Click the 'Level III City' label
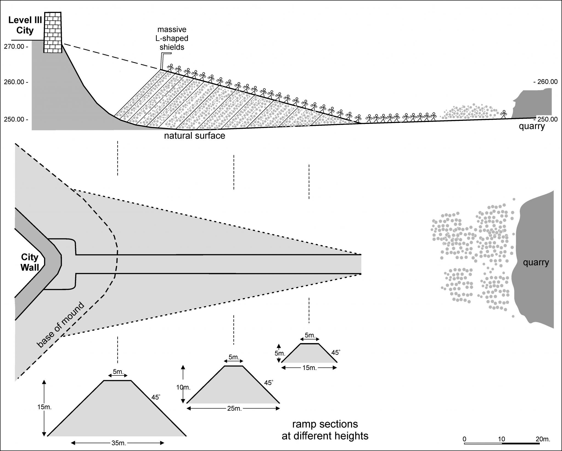[x=25, y=25]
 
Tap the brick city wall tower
[x=53, y=32]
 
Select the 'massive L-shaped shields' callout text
[x=172, y=38]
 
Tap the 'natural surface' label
[x=195, y=136]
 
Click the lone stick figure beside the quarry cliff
[x=504, y=114]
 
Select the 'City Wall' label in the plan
[x=30, y=262]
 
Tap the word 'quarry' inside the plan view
[x=536, y=263]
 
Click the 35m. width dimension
[x=118, y=443]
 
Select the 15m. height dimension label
[x=44, y=407]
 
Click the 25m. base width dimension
[x=234, y=409]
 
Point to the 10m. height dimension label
[x=183, y=388]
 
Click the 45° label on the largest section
[x=156, y=397]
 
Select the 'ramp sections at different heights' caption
[x=325, y=430]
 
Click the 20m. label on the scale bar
[x=543, y=439]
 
